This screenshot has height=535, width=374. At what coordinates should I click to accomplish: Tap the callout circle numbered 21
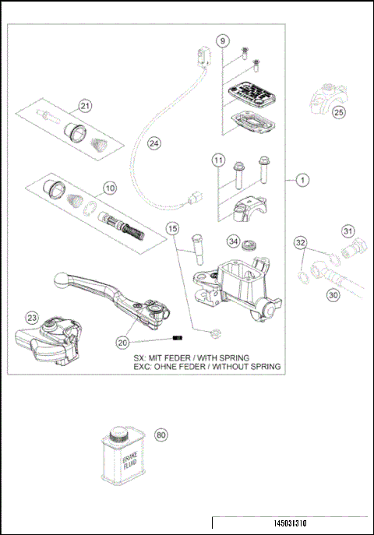[85, 107]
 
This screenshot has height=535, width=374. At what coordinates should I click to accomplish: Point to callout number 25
[338, 112]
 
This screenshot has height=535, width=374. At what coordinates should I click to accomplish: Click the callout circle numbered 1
[302, 180]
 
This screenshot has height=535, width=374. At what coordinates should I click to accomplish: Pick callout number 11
[219, 160]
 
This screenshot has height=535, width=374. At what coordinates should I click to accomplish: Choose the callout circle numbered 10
[110, 187]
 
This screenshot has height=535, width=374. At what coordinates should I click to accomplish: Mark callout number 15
[173, 229]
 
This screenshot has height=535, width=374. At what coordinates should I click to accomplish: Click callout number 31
[348, 231]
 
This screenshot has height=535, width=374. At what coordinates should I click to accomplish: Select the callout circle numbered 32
[300, 243]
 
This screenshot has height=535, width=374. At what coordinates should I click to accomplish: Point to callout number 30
[333, 295]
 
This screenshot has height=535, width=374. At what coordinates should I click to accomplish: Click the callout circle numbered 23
[31, 318]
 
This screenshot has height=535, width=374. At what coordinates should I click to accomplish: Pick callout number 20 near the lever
[122, 342]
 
